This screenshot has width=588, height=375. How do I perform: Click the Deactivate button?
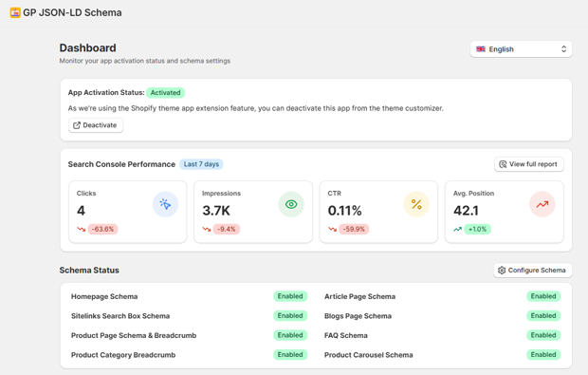[96, 125]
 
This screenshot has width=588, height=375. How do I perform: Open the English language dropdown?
[521, 49]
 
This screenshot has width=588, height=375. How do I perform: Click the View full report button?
[528, 164]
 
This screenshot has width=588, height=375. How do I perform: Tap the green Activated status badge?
[166, 93]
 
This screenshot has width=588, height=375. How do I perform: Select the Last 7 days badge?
[201, 164]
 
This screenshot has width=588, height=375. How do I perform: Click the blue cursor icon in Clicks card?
[165, 204]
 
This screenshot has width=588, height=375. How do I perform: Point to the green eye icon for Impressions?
[291, 204]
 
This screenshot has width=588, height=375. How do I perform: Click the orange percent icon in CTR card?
[416, 204]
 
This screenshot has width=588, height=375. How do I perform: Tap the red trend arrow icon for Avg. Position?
[542, 204]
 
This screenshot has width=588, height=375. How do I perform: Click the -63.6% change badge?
[102, 229]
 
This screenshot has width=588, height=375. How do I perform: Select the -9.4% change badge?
[227, 229]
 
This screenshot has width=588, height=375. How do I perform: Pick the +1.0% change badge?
[478, 229]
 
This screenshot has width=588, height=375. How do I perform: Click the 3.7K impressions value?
[216, 211]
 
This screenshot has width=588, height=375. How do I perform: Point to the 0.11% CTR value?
[345, 211]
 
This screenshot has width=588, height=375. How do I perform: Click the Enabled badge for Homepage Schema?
[290, 296]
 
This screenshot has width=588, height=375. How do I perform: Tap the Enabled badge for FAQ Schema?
[543, 335]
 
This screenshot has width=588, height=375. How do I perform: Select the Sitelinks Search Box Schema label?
[120, 316]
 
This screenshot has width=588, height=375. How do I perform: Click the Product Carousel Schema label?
[369, 355]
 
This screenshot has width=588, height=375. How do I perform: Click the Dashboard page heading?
[88, 47]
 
